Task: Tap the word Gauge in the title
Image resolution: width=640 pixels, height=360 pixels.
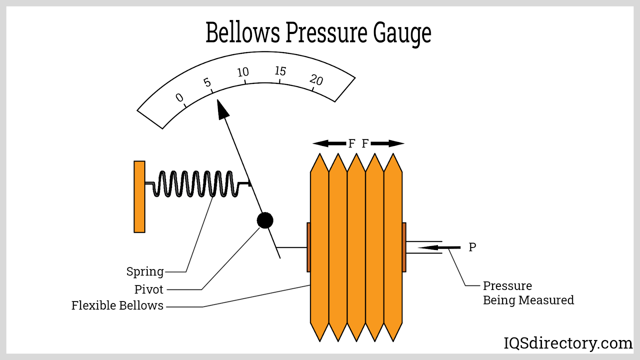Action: coord(402,33)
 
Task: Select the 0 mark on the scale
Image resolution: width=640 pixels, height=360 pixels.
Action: coord(180,98)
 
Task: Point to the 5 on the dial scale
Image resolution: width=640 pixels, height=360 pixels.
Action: coord(207,82)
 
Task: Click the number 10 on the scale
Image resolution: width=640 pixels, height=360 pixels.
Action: coord(243,72)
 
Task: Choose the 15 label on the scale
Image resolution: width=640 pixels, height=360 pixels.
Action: coord(280,71)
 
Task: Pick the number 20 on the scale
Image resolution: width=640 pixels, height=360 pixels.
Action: coord(316,80)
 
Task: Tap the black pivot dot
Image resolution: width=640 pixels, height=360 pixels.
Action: coord(265,220)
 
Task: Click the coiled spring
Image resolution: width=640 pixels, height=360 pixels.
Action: coord(196,184)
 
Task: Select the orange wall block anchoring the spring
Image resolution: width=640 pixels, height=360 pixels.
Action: coord(139,196)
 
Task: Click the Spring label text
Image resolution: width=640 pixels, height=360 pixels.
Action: coord(145,272)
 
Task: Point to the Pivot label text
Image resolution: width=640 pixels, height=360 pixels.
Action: coord(149,289)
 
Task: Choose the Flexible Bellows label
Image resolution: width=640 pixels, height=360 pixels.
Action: coord(117,306)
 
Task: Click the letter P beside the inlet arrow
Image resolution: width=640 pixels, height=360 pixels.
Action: coord(472,247)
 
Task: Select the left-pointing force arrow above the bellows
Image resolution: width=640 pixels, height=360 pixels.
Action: coord(329,143)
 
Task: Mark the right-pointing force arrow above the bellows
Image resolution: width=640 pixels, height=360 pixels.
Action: coord(387,143)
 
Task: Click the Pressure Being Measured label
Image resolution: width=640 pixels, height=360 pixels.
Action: coord(528,293)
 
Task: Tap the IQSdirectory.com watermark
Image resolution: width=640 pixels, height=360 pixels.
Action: coord(568,343)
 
